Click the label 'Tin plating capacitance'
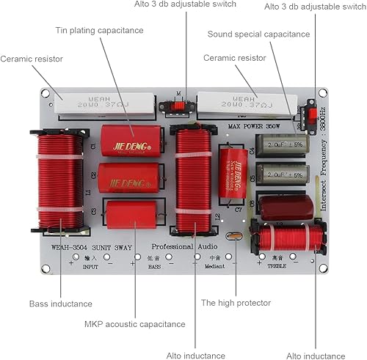tap(99, 30)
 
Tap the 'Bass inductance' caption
tap(60, 303)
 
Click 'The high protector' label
tap(236, 302)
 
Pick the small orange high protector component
tap(234, 236)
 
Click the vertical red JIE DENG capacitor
tap(233, 173)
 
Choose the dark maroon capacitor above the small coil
tap(286, 207)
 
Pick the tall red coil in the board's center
tap(194, 179)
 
